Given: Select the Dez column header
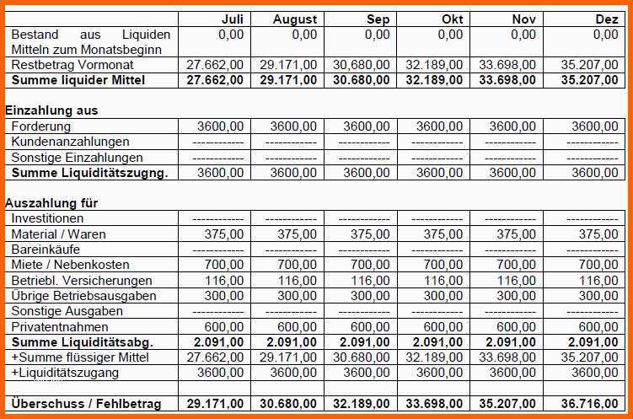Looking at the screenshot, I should tap(606, 19).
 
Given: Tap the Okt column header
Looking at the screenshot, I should tap(452, 19).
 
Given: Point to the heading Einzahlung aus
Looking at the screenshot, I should tap(51, 110).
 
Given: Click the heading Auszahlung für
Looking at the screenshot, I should tap(51, 203).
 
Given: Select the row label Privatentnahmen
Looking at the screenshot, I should tap(60, 327).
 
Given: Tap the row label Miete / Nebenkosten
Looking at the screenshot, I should tap(70, 266).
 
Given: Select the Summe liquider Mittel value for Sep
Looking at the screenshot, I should tap(362, 80).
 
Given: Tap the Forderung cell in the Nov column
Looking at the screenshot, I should tap(512, 126).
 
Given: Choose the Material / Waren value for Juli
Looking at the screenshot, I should tap(224, 234).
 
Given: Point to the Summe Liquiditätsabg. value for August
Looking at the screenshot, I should tap(292, 342).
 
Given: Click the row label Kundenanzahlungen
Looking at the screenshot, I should tap(71, 142).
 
